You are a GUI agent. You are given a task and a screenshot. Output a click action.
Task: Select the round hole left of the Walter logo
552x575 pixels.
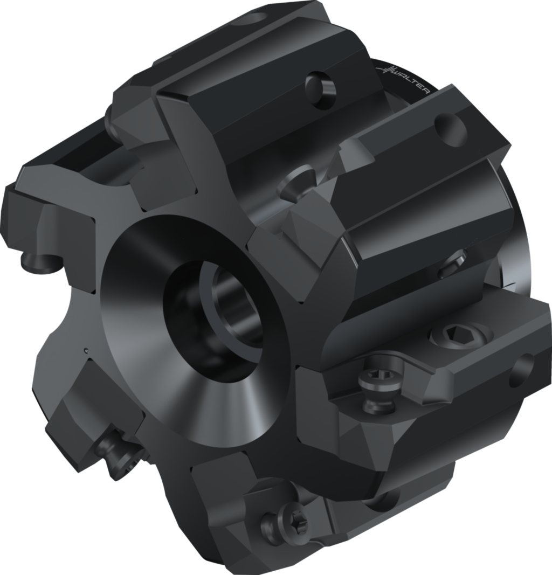click(321, 85)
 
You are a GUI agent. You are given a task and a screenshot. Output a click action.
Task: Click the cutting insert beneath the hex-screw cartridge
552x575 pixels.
click(345, 442)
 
